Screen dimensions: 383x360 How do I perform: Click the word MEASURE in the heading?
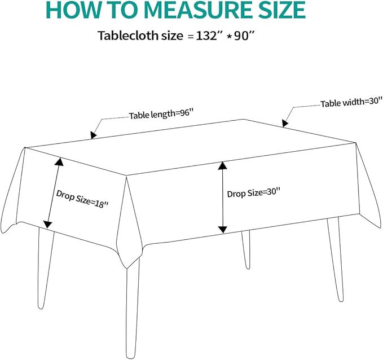tap(197, 10)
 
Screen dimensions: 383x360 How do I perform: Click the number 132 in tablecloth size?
tap(206, 36)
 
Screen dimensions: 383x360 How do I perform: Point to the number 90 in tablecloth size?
tap(241, 36)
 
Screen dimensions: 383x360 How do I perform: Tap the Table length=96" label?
tap(161, 114)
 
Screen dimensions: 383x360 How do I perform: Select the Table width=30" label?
tap(351, 102)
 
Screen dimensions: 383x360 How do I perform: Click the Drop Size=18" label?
tap(82, 199)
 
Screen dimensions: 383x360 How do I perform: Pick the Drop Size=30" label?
tap(253, 193)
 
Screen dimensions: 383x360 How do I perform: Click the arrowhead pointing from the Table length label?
tap(93, 135)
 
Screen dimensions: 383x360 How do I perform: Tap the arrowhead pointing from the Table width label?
tap(285, 123)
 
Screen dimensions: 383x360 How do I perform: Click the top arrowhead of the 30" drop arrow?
tap(222, 166)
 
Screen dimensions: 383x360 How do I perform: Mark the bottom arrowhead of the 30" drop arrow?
tap(222, 230)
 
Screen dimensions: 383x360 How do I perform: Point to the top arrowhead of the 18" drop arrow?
tap(59, 162)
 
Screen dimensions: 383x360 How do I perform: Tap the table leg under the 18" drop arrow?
tap(45, 267)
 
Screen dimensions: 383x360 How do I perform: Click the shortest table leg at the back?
tap(246, 249)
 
